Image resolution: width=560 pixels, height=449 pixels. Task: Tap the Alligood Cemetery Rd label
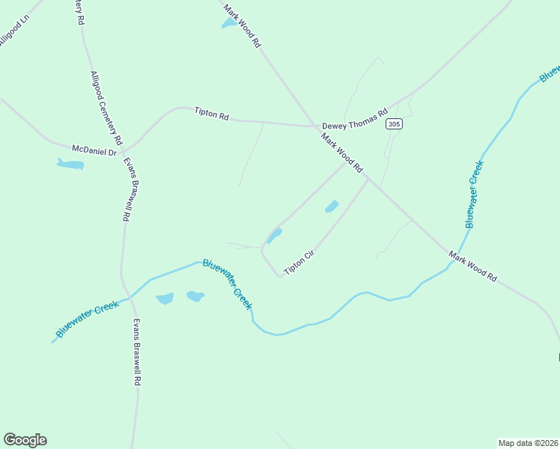pyautogui.click(x=106, y=108)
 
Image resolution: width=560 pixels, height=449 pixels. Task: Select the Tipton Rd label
pyautogui.click(x=211, y=114)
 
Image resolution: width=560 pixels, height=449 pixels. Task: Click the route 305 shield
pyautogui.click(x=395, y=124)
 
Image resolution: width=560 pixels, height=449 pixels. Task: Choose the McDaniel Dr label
pyautogui.click(x=94, y=151)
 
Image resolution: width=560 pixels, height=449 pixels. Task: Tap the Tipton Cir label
pyautogui.click(x=298, y=263)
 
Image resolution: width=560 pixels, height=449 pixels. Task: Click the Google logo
pyautogui.click(x=25, y=440)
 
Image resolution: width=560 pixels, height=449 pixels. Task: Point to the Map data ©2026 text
pyautogui.click(x=528, y=442)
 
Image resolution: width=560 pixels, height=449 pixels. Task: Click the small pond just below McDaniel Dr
pyautogui.click(x=70, y=164)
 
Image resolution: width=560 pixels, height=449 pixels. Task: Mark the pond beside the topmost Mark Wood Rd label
pyautogui.click(x=228, y=24)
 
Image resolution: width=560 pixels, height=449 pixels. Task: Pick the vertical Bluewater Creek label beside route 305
pyautogui.click(x=472, y=193)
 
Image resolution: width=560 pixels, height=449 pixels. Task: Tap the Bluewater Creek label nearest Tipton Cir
pyautogui.click(x=228, y=284)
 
